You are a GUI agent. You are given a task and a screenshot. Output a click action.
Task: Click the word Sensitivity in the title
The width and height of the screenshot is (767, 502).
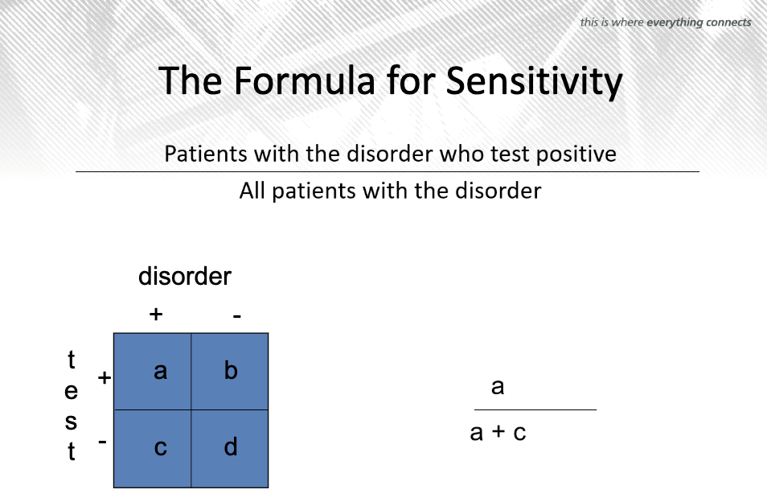534,82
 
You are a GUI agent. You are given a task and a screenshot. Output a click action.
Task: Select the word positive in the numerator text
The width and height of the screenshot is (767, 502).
576,154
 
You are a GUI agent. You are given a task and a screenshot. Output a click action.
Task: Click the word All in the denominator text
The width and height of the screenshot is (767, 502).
252,191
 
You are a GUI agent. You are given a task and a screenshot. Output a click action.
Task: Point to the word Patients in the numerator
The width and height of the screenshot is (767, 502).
206,154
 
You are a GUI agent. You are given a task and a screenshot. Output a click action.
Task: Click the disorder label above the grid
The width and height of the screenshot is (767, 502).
184,276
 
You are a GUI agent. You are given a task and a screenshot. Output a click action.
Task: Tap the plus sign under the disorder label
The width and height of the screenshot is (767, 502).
155,314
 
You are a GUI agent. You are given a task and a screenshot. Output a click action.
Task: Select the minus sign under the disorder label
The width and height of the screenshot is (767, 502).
237,316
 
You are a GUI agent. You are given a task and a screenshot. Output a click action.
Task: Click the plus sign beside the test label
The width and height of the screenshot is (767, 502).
105,377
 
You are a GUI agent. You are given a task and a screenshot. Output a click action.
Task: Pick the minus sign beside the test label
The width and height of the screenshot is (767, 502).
102,442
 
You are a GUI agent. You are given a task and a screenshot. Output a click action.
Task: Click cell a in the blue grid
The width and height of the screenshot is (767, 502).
152,372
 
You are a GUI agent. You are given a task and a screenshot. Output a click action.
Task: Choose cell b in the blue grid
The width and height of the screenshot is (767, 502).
230,372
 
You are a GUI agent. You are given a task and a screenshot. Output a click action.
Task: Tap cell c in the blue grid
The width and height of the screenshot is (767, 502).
152,449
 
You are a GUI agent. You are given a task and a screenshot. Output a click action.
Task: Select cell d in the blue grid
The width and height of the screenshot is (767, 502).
230,449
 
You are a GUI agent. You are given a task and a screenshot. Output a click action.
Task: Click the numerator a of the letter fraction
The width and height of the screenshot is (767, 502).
498,387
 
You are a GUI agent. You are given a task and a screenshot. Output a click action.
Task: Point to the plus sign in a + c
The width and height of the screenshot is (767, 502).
498,430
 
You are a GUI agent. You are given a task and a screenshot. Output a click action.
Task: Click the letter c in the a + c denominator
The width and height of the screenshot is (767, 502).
519,433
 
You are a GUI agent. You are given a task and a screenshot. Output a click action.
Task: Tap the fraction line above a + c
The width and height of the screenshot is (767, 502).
535,409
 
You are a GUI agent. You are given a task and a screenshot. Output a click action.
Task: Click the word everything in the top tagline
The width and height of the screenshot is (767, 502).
675,23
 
